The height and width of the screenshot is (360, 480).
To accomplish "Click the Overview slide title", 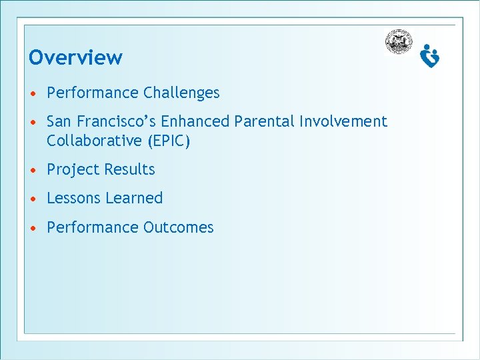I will click(75, 58).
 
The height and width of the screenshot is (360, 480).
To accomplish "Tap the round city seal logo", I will click(398, 41).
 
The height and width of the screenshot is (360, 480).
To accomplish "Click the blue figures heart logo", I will click(430, 56).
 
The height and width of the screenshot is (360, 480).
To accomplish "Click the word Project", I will click(69, 170).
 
